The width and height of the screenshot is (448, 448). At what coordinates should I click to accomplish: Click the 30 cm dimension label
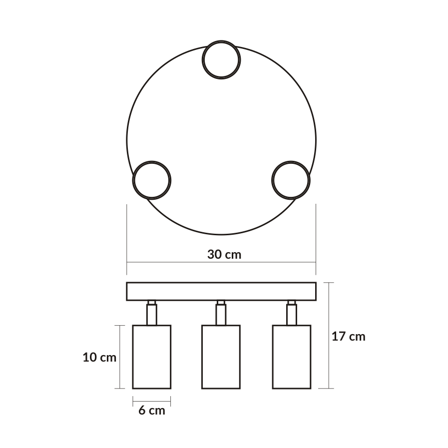tap(224, 254)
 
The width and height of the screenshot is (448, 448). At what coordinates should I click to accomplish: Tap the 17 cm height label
tap(349, 336)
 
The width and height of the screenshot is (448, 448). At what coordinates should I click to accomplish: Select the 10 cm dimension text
tap(99, 358)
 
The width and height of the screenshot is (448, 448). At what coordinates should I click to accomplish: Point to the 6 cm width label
tap(151, 411)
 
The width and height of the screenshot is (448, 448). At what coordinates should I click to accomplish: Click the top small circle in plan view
tap(222, 59)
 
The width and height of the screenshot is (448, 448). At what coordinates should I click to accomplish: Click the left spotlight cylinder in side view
tap(151, 357)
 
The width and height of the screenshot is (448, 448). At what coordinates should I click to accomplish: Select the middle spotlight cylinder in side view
tap(220, 357)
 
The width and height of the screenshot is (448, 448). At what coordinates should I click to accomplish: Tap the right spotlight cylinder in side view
tap(292, 357)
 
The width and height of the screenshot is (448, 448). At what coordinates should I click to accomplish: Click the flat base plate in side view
tap(221, 292)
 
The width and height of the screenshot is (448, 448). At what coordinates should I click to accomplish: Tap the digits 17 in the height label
tap(339, 336)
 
